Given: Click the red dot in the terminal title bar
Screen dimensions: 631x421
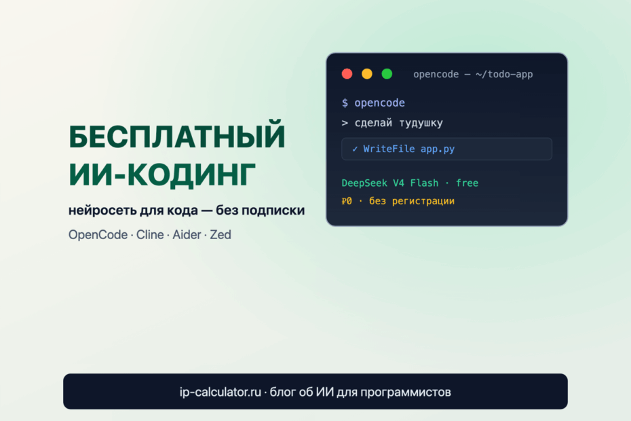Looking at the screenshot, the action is tap(347, 74).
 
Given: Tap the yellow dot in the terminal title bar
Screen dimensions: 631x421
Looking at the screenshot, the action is tap(367, 74).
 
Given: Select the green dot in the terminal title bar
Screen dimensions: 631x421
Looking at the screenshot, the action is tap(387, 74).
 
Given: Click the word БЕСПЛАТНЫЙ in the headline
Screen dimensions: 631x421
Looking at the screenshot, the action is tap(177, 137).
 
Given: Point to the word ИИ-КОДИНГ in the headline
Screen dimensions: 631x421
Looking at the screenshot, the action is tap(162, 175).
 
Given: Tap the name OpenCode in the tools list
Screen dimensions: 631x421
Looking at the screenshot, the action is tap(98, 234).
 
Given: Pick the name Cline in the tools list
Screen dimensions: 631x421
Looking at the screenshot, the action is tap(150, 234).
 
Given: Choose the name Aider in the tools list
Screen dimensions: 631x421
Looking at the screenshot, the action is tap(187, 234).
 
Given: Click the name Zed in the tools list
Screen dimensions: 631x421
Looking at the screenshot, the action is tap(221, 234).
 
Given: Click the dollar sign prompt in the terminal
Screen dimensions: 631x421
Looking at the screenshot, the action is tap(345, 103).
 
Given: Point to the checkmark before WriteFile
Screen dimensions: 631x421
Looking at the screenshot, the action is tap(355, 149).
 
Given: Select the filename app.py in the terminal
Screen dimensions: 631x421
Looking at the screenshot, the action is tap(438, 149).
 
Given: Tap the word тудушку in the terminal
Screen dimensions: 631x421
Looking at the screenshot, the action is tap(421, 124).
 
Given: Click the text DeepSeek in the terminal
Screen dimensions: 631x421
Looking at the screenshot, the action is tap(364, 183).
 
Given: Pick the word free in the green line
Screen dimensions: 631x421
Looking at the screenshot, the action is tap(467, 183).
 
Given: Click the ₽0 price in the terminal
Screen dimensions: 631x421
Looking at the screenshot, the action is tap(347, 201).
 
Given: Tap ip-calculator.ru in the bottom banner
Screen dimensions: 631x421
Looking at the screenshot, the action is tap(220, 392).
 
